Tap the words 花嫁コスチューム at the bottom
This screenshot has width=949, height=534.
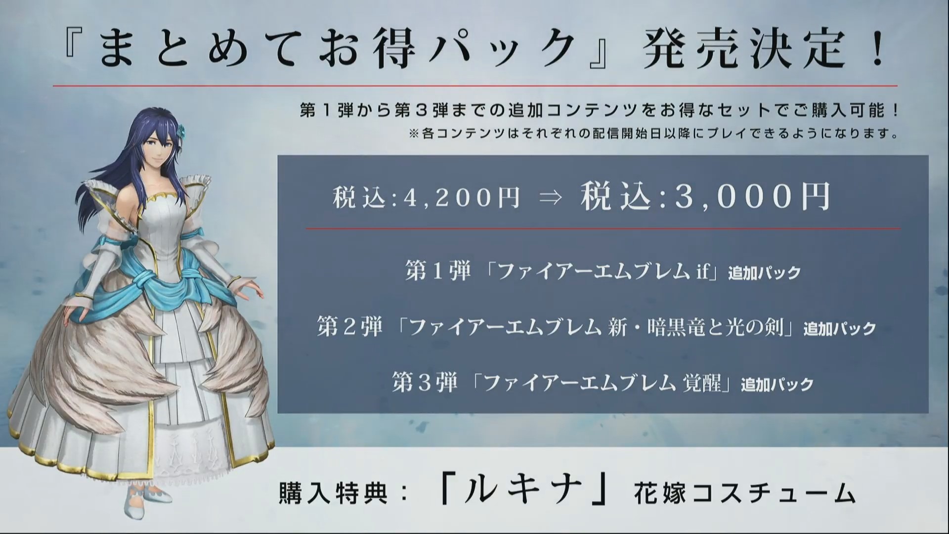(744, 492)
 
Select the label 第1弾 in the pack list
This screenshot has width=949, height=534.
(437, 271)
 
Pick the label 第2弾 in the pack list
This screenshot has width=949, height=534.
(349, 327)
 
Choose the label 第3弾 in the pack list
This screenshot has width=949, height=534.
(425, 383)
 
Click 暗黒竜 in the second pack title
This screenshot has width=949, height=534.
(676, 327)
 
